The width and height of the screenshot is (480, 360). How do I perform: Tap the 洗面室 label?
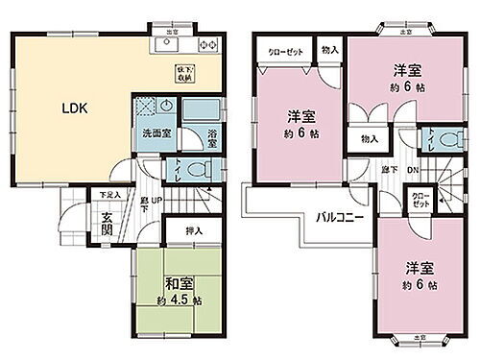(x=157, y=132)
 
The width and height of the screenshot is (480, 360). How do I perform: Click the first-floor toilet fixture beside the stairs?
(x=197, y=170)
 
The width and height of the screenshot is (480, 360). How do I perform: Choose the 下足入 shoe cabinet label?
(x=108, y=195)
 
